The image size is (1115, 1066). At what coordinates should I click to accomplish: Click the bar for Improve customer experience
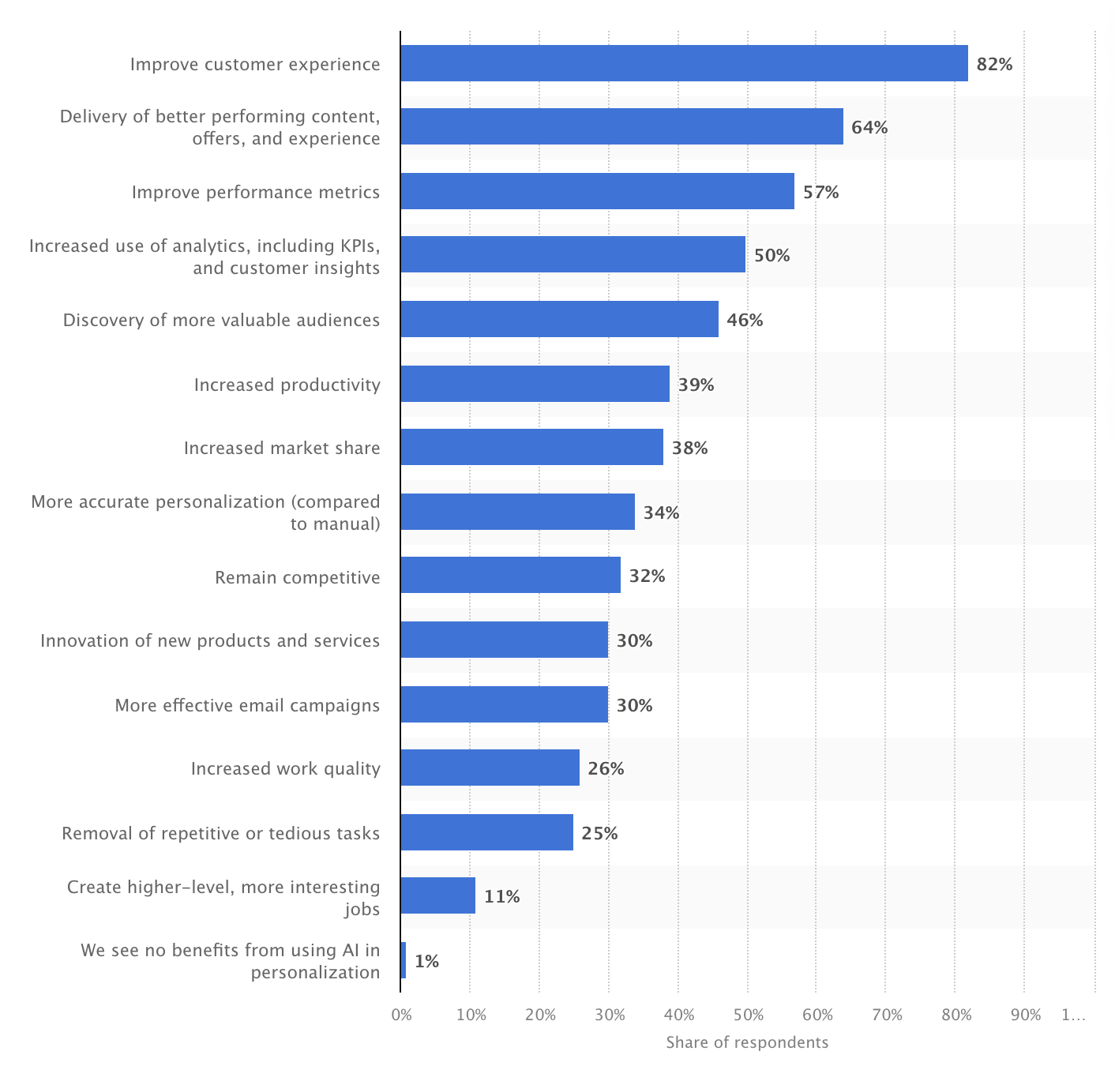tap(684, 63)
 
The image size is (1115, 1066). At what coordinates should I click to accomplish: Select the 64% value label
tap(869, 127)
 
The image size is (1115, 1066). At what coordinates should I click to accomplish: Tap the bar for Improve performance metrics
tap(597, 191)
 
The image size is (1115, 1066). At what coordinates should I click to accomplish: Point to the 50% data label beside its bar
tap(771, 255)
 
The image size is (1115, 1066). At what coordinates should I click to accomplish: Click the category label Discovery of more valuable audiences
tap(221, 320)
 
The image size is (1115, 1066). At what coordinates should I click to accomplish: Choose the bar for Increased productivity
tap(535, 384)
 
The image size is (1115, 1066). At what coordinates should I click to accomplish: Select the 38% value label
tap(689, 449)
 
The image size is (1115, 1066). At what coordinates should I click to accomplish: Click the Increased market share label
tap(282, 449)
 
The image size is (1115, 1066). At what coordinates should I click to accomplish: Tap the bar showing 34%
tap(517, 512)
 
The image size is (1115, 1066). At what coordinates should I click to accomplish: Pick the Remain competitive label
tap(297, 577)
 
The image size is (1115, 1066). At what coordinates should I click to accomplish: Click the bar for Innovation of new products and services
tap(504, 640)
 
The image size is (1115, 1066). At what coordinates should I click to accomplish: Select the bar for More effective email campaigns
tap(504, 704)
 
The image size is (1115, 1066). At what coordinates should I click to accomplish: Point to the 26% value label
tap(606, 768)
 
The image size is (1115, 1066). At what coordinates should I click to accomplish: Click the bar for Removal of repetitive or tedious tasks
tap(486, 832)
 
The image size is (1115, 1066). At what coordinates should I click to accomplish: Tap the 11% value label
tap(501, 896)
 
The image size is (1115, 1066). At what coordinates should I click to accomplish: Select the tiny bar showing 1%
tap(404, 960)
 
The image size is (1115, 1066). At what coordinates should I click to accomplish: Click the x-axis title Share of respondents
tap(747, 1042)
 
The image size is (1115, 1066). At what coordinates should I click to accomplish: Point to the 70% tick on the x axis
tap(887, 1015)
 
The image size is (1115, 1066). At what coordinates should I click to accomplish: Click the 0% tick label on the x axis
tap(401, 1015)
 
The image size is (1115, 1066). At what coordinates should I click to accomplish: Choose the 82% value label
tap(994, 64)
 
